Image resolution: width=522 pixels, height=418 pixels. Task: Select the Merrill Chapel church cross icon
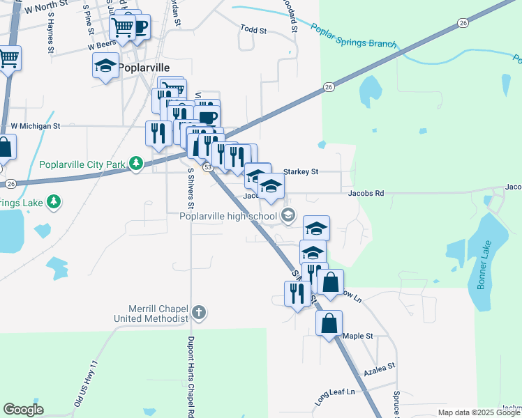click(199, 311)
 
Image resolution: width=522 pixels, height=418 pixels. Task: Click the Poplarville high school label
click(228, 216)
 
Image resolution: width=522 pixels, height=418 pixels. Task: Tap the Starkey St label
click(301, 171)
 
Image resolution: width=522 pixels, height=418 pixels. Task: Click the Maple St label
click(358, 336)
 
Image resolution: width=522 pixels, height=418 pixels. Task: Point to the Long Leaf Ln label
click(334, 396)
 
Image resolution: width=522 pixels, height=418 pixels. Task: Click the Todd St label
click(253, 30)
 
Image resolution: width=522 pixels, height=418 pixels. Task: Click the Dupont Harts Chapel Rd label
click(191, 376)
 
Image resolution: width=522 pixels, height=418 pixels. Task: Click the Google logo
click(23, 410)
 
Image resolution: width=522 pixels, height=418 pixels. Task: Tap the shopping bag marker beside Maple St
click(329, 323)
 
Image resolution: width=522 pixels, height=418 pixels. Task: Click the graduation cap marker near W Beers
click(105, 66)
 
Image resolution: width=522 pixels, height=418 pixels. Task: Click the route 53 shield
click(207, 168)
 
